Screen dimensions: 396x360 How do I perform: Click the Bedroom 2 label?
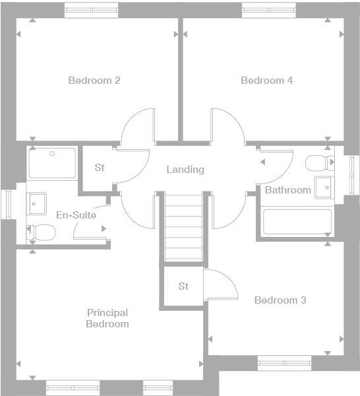tap(94, 81)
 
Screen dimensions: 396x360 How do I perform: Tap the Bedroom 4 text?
tap(266, 81)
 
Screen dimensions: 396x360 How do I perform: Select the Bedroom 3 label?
tap(280, 300)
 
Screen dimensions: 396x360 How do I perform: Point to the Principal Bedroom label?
tap(107, 318)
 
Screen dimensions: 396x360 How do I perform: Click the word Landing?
tap(185, 170)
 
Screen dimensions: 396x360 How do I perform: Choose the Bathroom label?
tap(287, 190)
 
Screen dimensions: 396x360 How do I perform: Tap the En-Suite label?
tap(76, 215)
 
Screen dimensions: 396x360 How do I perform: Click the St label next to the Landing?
tap(100, 168)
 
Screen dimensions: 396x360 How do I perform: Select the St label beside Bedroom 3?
tap(183, 286)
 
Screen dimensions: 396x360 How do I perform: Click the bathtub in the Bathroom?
tap(297, 222)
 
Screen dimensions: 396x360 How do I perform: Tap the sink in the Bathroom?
tap(324, 187)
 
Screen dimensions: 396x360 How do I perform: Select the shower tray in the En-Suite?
tap(52, 163)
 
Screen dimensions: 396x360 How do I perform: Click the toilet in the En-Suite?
tap(42, 232)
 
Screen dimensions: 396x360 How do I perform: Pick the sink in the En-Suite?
tap(36, 203)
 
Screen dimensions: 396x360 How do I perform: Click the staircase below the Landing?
tap(183, 228)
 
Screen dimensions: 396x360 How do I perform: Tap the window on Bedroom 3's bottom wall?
tap(284, 362)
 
